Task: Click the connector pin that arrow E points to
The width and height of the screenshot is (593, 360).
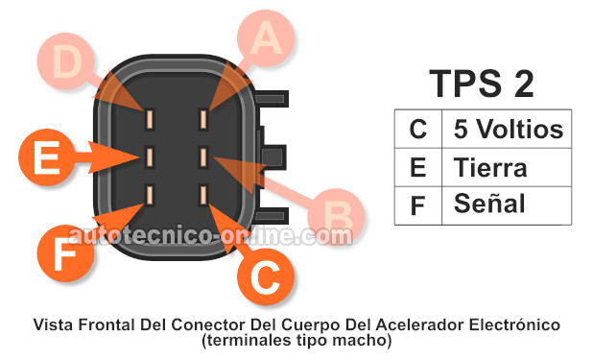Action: (x=150, y=155)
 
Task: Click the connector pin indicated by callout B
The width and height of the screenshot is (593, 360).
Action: (x=203, y=155)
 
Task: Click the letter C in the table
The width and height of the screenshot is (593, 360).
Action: (x=417, y=130)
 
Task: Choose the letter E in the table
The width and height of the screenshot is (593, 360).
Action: (x=417, y=167)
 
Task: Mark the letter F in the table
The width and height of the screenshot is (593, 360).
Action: (x=417, y=204)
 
